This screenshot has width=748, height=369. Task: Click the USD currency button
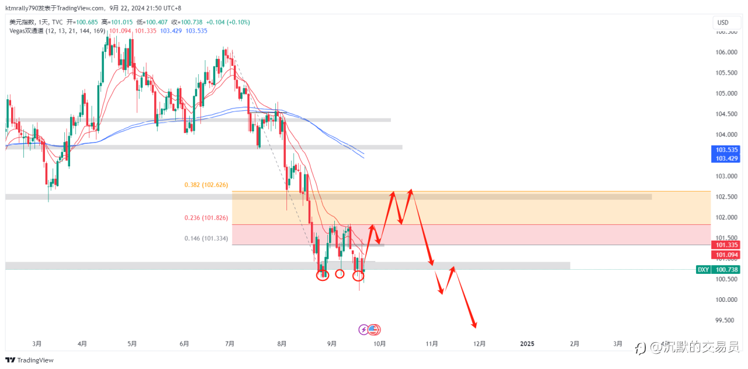(723, 23)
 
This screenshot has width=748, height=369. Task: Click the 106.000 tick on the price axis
(725, 52)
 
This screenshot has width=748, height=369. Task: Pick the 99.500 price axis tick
(725, 321)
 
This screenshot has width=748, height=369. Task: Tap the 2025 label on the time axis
(527, 344)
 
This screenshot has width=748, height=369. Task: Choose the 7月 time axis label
(230, 344)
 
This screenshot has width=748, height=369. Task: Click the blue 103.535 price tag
(725, 150)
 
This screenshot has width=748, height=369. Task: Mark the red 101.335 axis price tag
(725, 245)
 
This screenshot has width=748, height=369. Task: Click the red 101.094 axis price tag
(725, 255)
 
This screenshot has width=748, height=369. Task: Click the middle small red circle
(340, 273)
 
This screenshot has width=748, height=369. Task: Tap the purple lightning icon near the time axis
(363, 330)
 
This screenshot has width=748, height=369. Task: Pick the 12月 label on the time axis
(480, 344)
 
